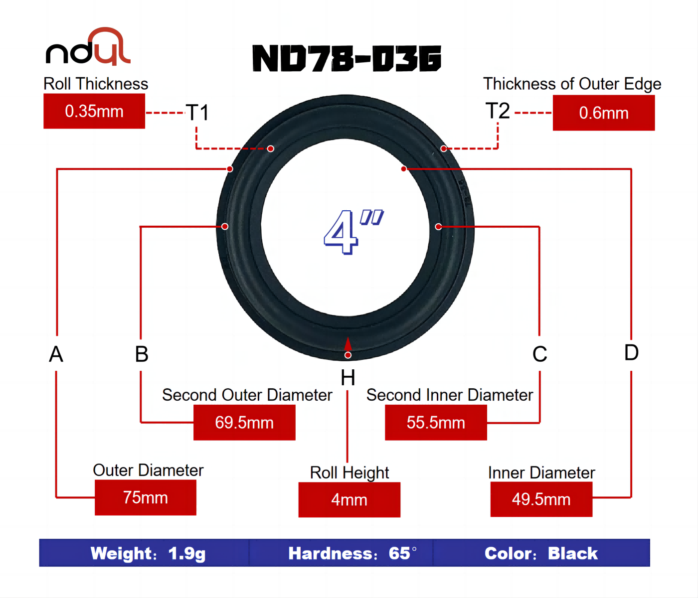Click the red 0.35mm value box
[94, 111]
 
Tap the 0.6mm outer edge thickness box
[603, 113]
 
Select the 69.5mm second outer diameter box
[244, 423]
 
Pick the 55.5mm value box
[436, 423]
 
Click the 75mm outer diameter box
[146, 497]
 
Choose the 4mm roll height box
[349, 499]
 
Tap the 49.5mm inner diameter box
[541, 499]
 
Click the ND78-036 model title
[347, 58]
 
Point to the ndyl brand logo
[88, 47]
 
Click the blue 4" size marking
[351, 231]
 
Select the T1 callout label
[197, 113]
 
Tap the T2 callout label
[498, 111]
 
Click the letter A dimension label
[56, 354]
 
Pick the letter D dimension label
[631, 353]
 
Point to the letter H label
[348, 378]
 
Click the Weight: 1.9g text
[148, 553]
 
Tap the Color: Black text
[541, 553]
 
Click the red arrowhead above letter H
[348, 344]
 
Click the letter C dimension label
[539, 354]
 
